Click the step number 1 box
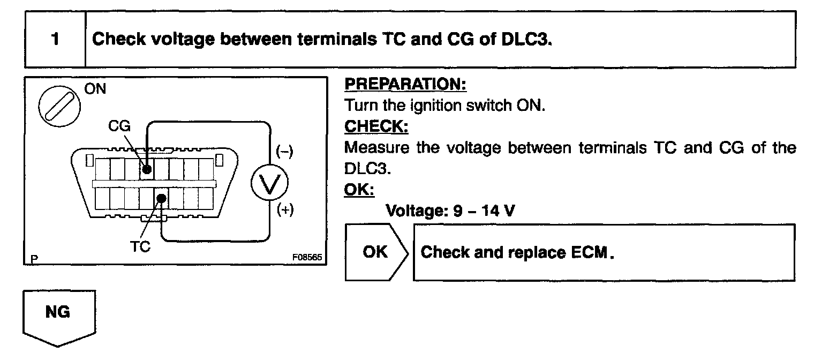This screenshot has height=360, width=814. pos(55,40)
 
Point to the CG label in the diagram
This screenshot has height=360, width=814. pos(119,127)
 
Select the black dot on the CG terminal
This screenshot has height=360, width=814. pos(147,169)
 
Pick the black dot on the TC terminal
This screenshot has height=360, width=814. pos(161,199)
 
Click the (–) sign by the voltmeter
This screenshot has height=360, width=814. pos(284,152)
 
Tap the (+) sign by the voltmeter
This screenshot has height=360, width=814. pos(284,210)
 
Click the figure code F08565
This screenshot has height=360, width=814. pos(306,257)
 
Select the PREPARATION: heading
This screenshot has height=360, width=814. pos(405,84)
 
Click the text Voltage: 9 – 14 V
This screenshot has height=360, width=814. pos(450,210)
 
